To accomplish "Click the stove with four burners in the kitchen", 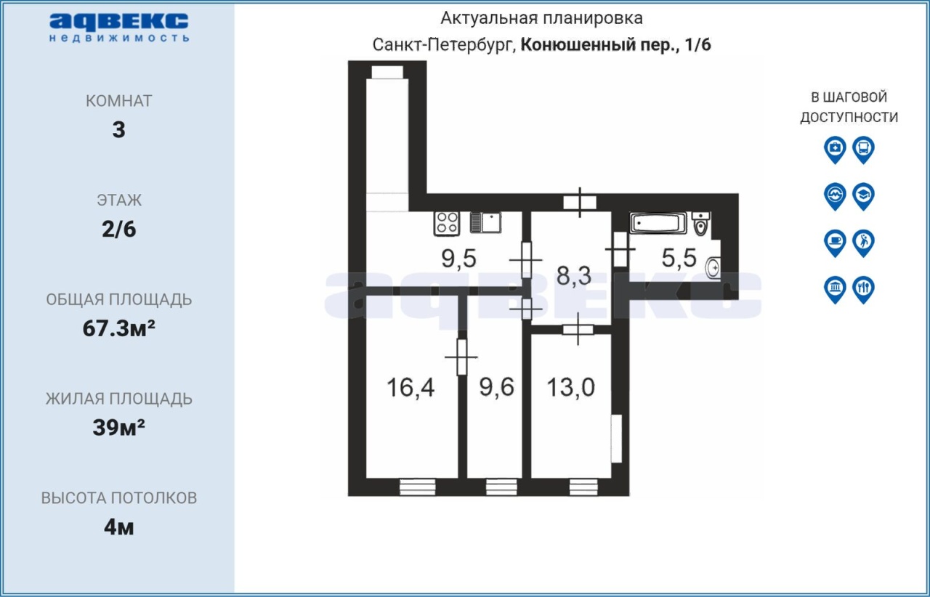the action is [446, 224].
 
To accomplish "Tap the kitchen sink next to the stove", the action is [485, 222].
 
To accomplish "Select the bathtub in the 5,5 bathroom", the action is [658, 223].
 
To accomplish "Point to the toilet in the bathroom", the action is [701, 224].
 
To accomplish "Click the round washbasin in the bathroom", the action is [713, 268].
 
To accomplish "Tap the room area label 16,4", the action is [411, 387].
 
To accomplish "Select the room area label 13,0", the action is [570, 387].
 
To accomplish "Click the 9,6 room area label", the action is [496, 387].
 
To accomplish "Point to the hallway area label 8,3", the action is [574, 275].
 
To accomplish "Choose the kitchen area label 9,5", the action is [458, 259].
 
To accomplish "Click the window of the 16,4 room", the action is [417, 487].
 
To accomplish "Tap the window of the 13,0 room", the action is [583, 487].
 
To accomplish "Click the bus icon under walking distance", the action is [864, 150].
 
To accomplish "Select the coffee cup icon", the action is [835, 243].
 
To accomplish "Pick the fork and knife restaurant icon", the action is [864, 289].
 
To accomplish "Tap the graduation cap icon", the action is [864, 196].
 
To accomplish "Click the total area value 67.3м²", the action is [118, 328].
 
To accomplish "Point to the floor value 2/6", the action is [118, 230].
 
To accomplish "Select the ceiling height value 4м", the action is [118, 527].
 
